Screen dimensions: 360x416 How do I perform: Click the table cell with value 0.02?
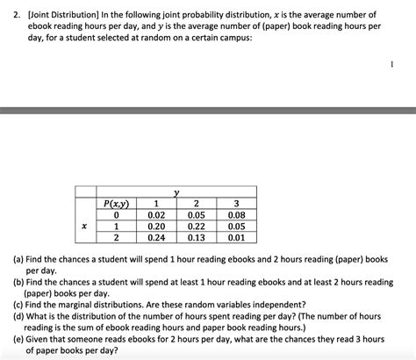point(157,213)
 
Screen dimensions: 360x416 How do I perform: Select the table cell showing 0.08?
point(236,213)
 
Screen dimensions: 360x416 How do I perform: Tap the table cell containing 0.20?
point(157,226)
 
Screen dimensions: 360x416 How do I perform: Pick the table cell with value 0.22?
point(197,226)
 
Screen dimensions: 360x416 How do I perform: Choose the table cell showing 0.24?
point(157,237)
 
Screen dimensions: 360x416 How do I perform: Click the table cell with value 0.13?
point(197,237)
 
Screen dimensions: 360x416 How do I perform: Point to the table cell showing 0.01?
point(236,237)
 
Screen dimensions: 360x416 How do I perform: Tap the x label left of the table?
point(84,226)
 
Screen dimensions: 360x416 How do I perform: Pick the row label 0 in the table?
point(116,213)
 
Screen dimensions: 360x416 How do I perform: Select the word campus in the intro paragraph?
point(233,39)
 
